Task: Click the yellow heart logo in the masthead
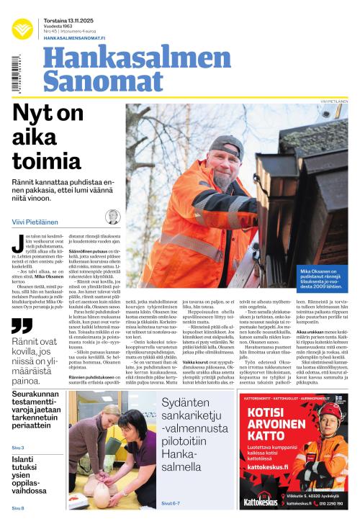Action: pos(22,28)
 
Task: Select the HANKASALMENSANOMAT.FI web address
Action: pos(74,37)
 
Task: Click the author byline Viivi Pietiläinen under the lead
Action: pos(36,222)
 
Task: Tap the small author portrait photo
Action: pos(112,217)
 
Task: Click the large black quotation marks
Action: pos(22,325)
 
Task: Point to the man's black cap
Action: pos(225,148)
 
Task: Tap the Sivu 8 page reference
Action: pos(18,508)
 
